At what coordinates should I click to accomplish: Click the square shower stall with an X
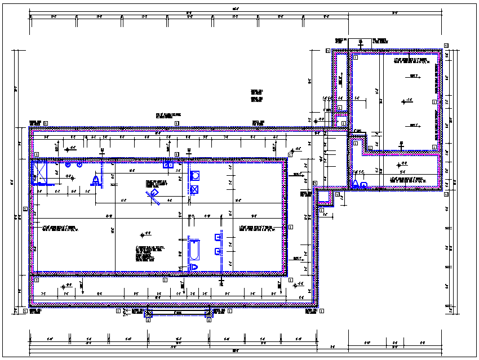pyautogui.click(x=40, y=172)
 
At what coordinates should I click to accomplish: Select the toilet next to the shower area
pyautogui.click(x=96, y=180)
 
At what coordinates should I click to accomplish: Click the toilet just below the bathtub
pyautogui.click(x=194, y=266)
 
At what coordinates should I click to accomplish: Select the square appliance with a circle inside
pyautogui.click(x=195, y=176)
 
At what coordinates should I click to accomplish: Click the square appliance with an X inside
pyautogui.click(x=195, y=189)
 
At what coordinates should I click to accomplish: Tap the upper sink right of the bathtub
pyautogui.click(x=218, y=237)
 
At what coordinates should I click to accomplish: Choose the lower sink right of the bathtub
pyautogui.click(x=218, y=251)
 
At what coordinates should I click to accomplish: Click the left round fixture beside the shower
pyautogui.click(x=68, y=166)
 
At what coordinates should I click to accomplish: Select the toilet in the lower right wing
pyautogui.click(x=356, y=184)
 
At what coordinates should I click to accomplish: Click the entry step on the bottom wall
pyautogui.click(x=178, y=313)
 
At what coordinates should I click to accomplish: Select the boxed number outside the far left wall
pyautogui.click(x=25, y=209)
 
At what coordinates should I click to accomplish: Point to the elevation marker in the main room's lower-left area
pyautogui.click(x=145, y=234)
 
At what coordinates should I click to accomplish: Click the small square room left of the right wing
pyautogui.click(x=341, y=122)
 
